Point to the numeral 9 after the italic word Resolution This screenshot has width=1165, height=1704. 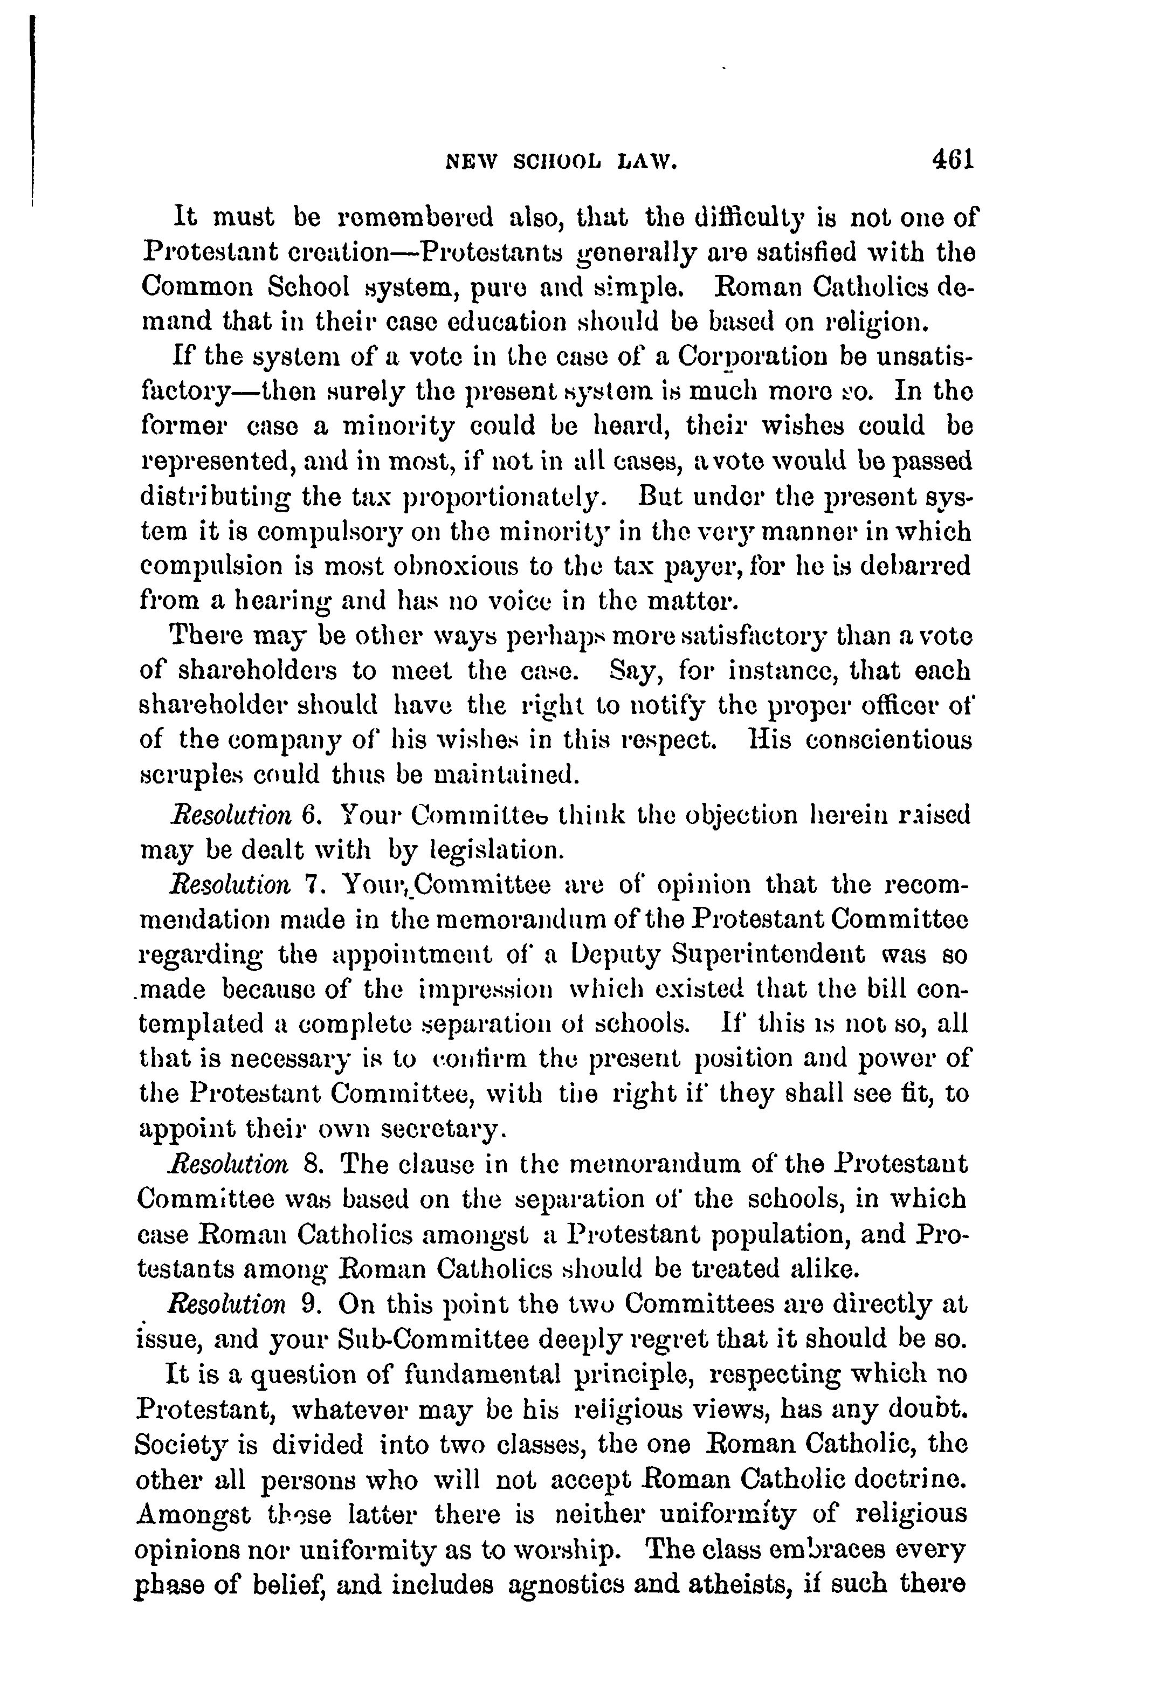(308, 1304)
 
